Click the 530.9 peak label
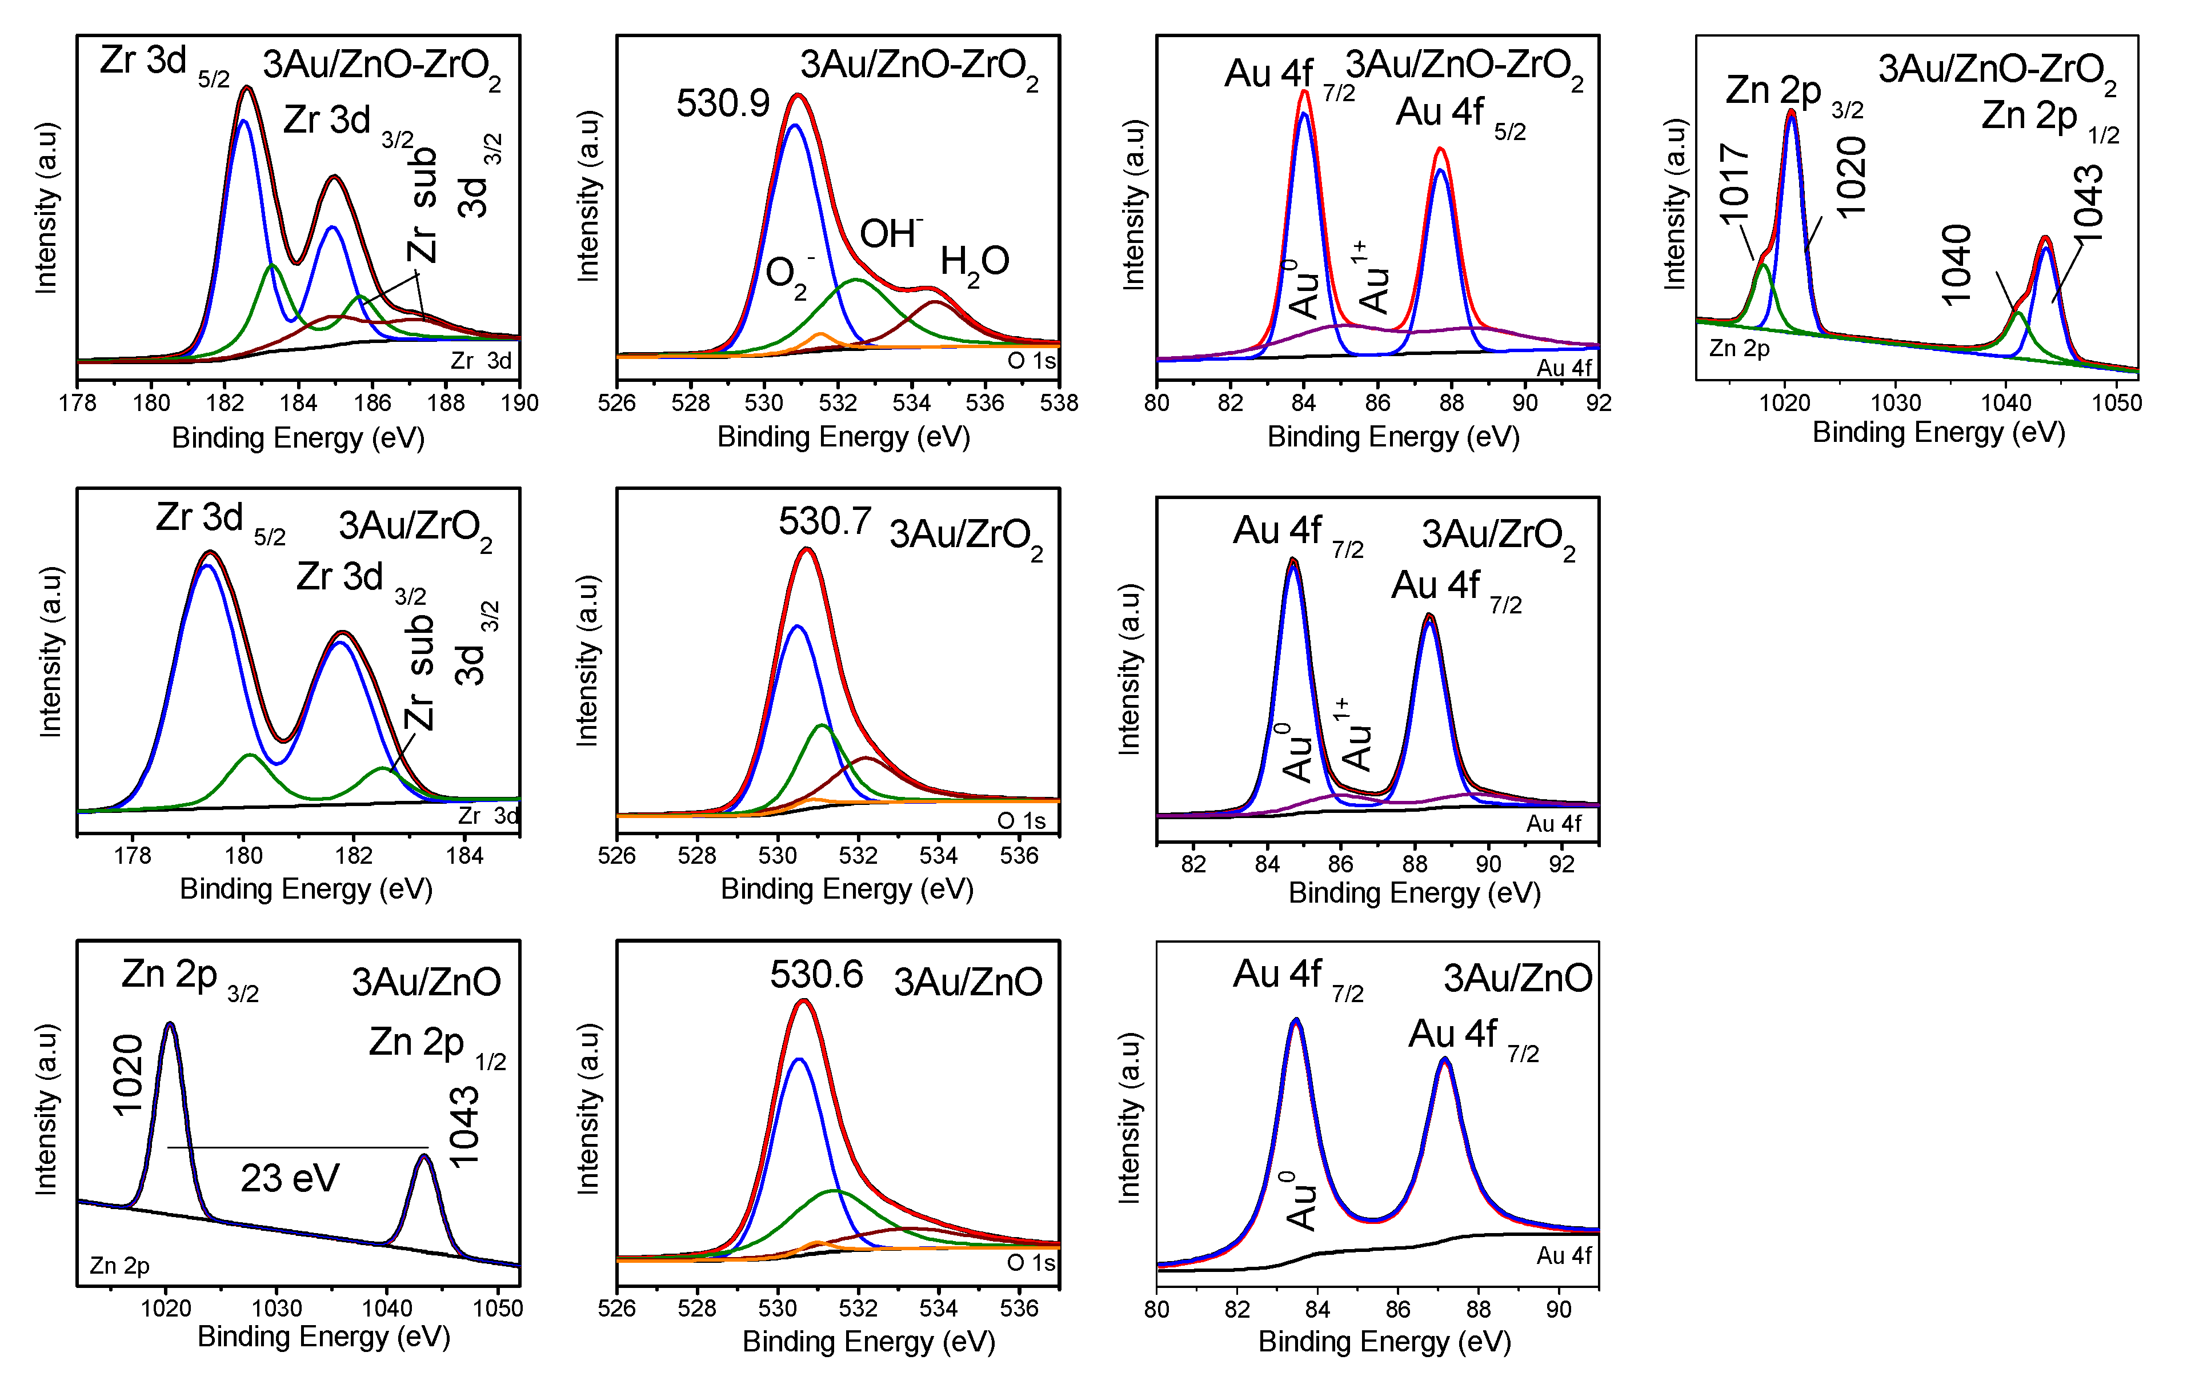(722, 103)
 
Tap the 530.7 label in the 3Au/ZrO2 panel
(824, 521)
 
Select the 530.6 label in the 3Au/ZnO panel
(816, 975)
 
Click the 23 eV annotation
(289, 1178)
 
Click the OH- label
(891, 233)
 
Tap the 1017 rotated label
(1733, 184)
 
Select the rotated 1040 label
(1956, 264)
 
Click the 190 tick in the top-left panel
(519, 402)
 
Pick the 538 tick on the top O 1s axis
(1058, 402)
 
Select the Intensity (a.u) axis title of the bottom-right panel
(1128, 1118)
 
